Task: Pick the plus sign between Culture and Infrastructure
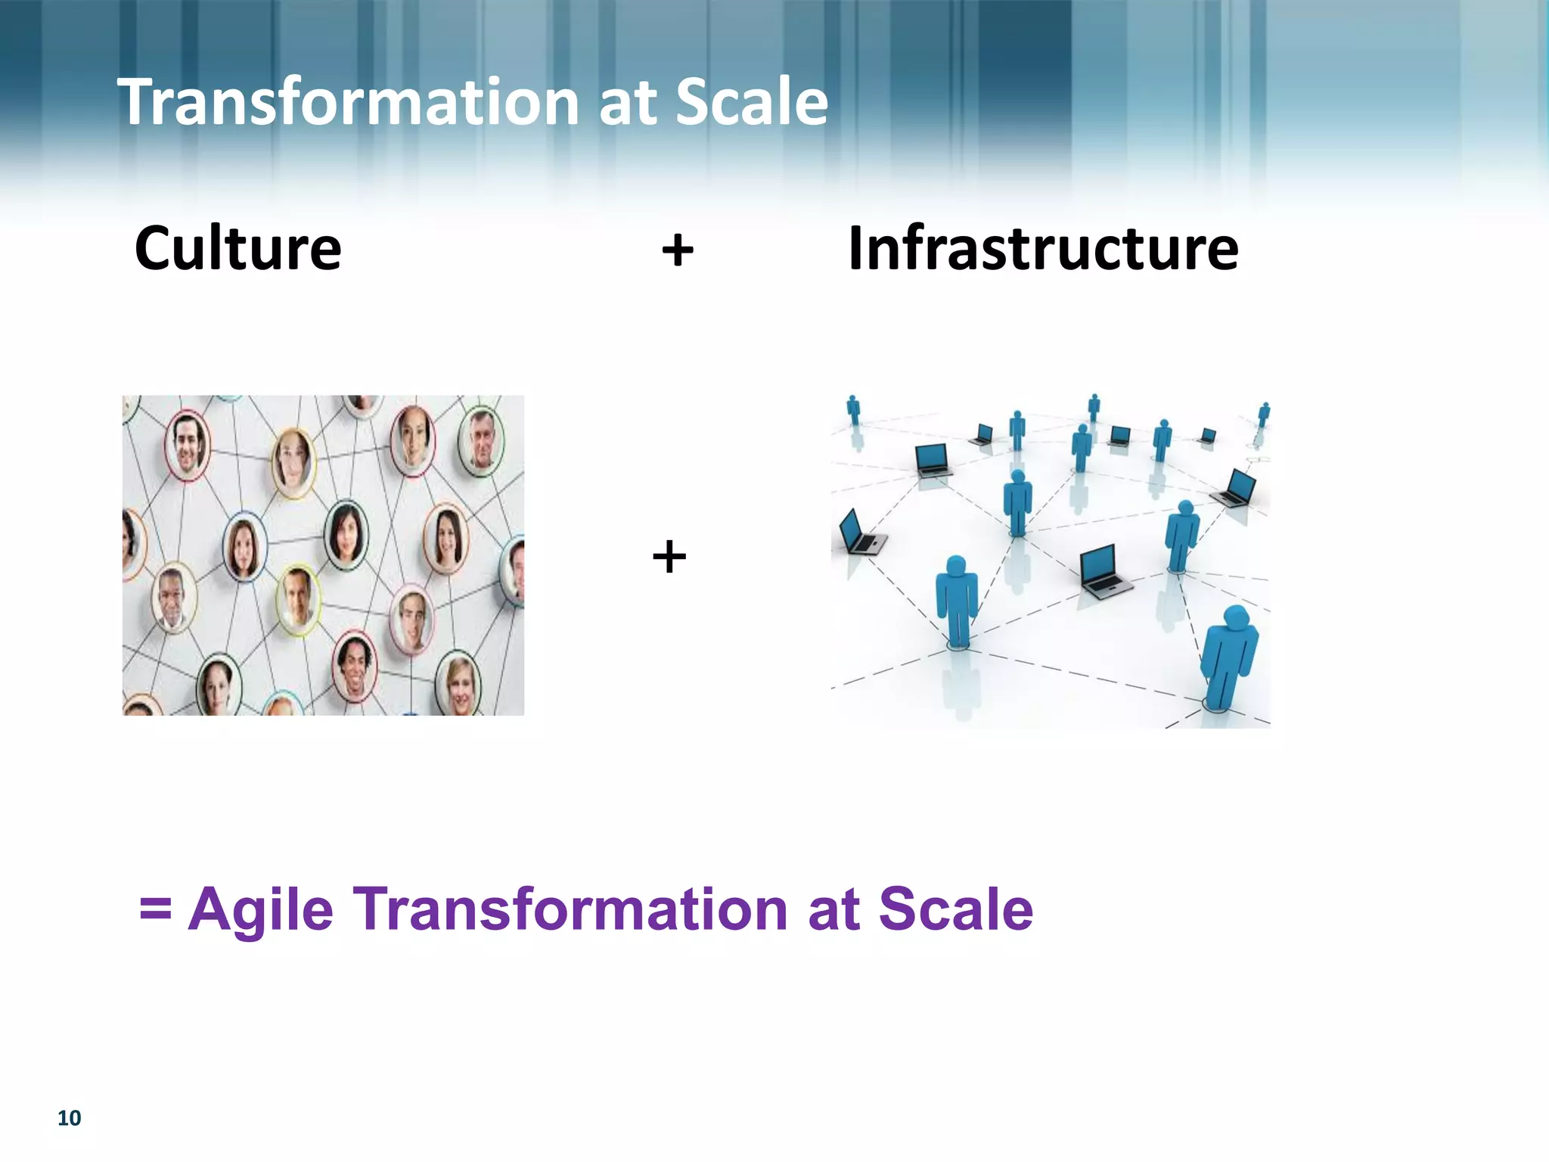(677, 250)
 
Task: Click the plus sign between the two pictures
(669, 558)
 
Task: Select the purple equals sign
(155, 909)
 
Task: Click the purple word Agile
(261, 910)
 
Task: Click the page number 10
(69, 1118)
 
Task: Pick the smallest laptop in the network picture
(1208, 435)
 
